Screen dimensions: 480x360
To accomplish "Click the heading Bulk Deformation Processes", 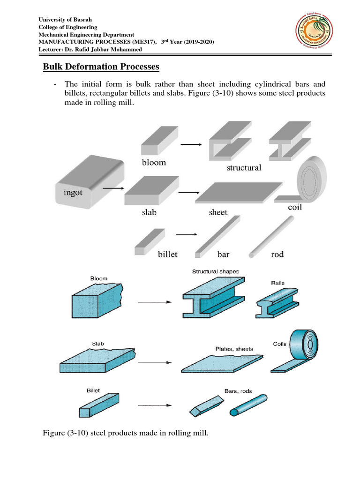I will click(101, 67).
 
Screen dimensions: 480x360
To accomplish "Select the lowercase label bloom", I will click(154, 163).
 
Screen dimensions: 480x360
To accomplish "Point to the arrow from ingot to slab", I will click(113, 188).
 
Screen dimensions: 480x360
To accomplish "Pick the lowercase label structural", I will click(244, 167).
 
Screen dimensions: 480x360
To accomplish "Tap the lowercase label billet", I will click(167, 254).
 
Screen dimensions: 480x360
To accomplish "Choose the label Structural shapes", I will click(215, 271).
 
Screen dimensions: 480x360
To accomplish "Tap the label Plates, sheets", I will click(234, 349).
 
